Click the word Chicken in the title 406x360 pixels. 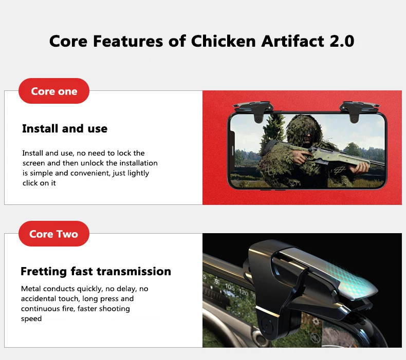pyautogui.click(x=224, y=41)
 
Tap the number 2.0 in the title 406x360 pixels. pyautogui.click(x=342, y=41)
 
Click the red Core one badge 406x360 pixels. pyautogui.click(x=54, y=91)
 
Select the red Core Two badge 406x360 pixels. pyautogui.click(x=54, y=234)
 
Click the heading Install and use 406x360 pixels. pyautogui.click(x=65, y=128)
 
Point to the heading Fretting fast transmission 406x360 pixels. pyautogui.click(x=96, y=272)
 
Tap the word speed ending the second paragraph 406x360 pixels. pyautogui.click(x=31, y=319)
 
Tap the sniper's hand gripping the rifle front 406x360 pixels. pyautogui.click(x=360, y=169)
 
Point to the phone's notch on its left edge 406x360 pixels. pyautogui.click(x=232, y=150)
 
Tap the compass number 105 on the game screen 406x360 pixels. pyautogui.click(x=230, y=287)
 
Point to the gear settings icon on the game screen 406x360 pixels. pyautogui.click(x=316, y=321)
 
